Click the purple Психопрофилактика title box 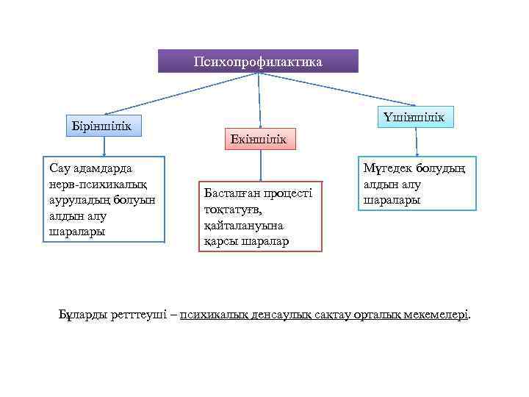point(258,61)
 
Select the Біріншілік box point(102,125)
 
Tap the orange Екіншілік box point(258,139)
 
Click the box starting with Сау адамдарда point(102,198)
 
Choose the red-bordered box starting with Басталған point(260,216)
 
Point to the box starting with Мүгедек point(416,184)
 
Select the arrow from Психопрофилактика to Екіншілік point(259,100)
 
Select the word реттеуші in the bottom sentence point(143,315)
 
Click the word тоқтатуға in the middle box point(231,210)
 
